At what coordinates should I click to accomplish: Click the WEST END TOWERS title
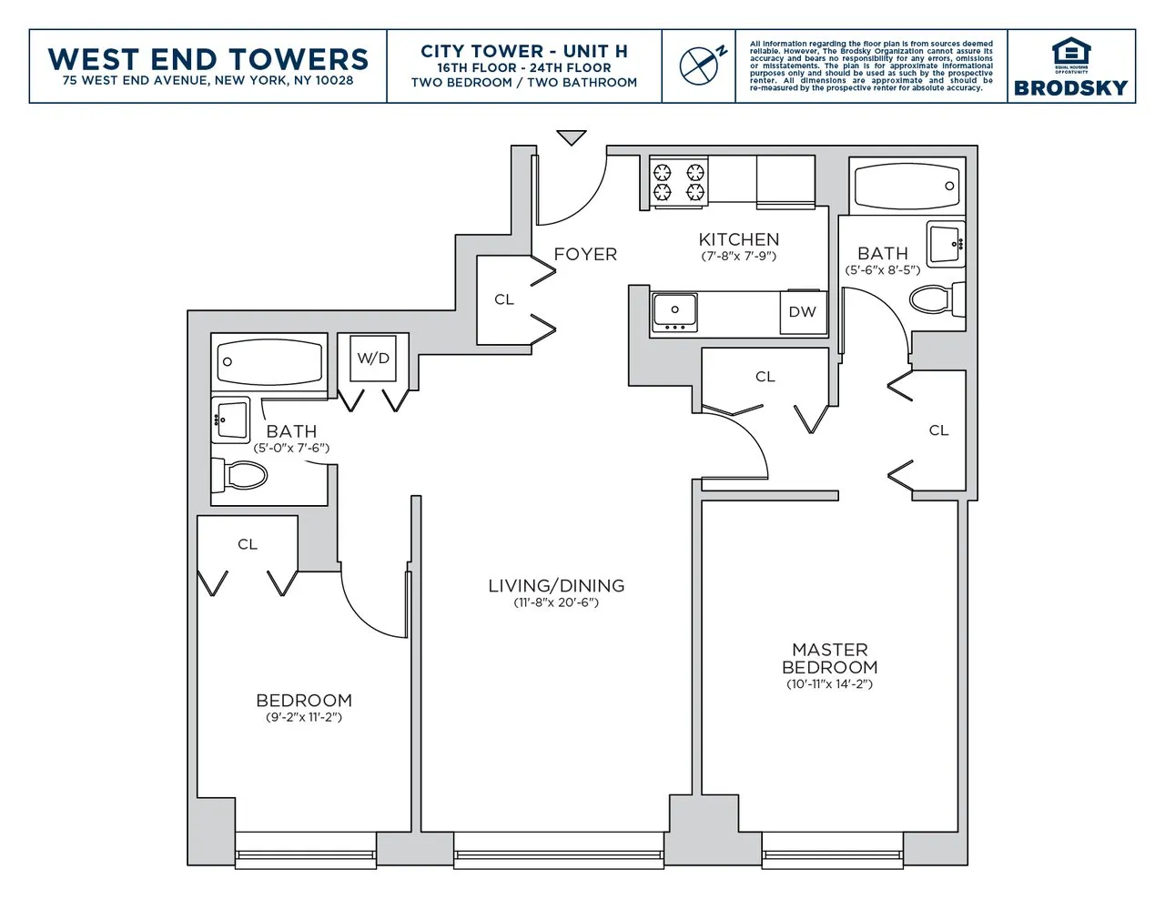click(208, 58)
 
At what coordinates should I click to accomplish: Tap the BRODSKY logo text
click(1070, 87)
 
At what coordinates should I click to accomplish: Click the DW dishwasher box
click(802, 312)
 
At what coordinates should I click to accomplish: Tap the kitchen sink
click(674, 312)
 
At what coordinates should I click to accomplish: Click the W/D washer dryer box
click(373, 359)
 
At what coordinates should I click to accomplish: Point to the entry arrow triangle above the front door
click(572, 138)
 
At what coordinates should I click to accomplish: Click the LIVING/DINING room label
click(556, 586)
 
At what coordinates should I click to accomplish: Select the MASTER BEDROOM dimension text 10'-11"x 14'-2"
click(829, 684)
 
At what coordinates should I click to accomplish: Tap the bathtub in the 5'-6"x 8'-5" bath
click(907, 186)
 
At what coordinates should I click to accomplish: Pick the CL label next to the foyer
click(504, 299)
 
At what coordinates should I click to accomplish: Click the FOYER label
click(585, 255)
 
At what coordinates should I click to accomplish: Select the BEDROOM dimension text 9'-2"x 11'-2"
click(303, 717)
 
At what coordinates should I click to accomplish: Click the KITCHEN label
click(738, 239)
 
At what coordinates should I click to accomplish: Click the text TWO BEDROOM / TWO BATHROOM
click(524, 83)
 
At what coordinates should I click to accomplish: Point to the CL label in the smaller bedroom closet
click(248, 544)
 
